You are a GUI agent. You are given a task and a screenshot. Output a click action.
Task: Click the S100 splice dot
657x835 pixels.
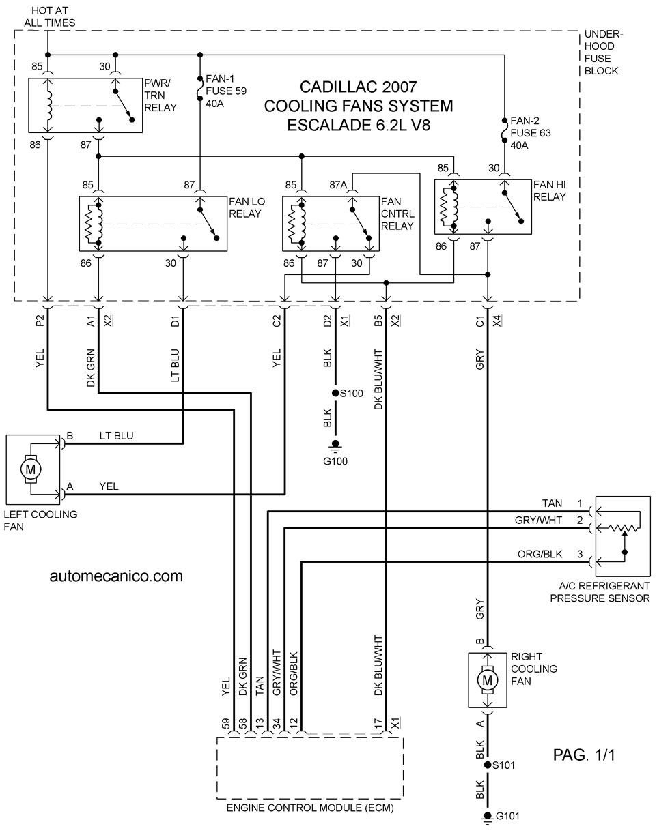point(335,393)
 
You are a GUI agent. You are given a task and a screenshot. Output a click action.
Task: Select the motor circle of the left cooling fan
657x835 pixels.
point(30,469)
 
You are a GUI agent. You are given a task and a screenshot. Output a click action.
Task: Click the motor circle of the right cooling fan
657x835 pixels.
point(488,680)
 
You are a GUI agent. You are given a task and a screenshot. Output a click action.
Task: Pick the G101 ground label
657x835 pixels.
point(507,816)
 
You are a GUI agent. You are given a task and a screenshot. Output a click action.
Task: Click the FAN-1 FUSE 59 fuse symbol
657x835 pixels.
point(200,89)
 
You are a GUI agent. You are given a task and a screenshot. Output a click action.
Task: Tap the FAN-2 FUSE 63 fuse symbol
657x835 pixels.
point(505,131)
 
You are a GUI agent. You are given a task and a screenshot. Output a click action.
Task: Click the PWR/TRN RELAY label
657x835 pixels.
point(160,96)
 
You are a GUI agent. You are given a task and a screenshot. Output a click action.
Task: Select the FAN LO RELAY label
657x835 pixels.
point(247,207)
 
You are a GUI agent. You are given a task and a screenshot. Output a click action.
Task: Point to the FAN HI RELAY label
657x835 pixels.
point(550,190)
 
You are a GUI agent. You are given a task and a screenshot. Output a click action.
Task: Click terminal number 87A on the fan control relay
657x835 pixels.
point(338,185)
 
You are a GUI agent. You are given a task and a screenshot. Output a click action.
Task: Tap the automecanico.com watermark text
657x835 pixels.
point(116,576)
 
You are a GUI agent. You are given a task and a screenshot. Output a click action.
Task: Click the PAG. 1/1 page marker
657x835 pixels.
point(584,755)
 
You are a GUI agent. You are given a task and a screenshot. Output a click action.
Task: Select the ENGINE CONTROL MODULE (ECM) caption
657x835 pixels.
point(310,808)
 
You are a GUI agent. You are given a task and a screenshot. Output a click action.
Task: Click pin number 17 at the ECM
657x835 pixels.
point(378,724)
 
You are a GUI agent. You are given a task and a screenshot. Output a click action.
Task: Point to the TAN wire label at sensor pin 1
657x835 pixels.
point(552,503)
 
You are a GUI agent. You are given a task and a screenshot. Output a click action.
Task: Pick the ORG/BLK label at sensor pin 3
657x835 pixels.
point(540,554)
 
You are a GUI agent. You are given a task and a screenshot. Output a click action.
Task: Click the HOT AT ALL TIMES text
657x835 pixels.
point(50,16)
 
